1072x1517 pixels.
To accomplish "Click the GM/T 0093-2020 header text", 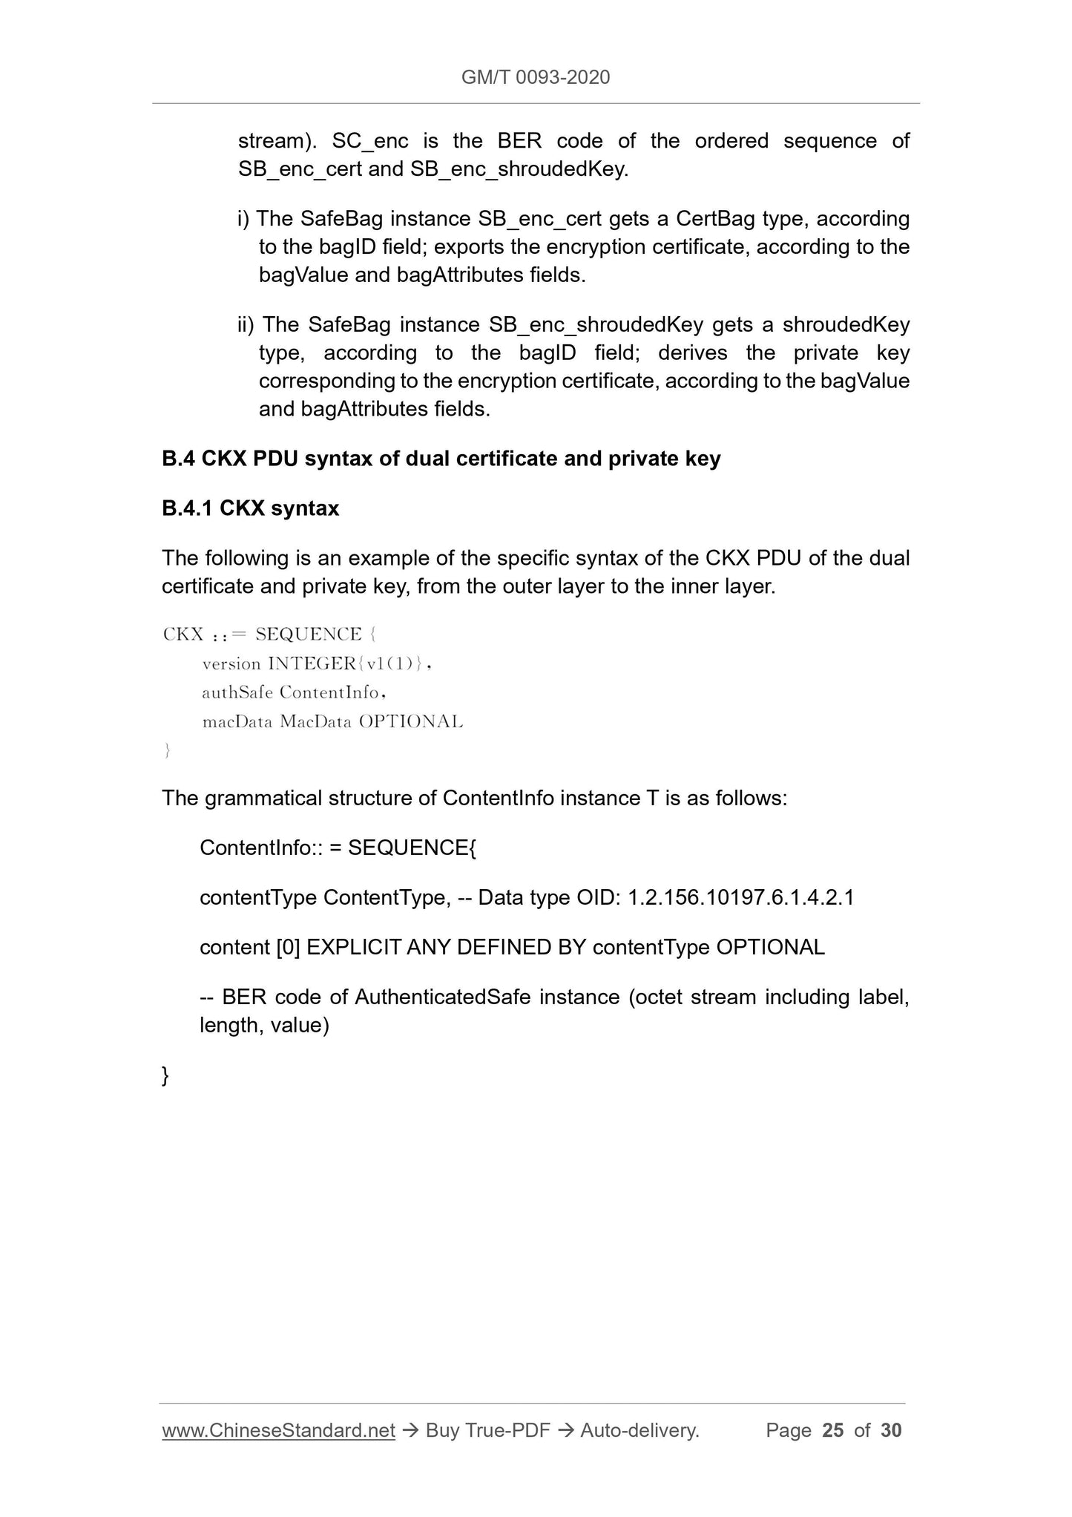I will coord(535,77).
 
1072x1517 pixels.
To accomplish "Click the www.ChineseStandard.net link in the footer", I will coord(278,1430).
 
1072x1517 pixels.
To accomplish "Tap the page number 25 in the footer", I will coord(833,1430).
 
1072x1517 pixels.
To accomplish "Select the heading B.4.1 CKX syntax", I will coord(250,508).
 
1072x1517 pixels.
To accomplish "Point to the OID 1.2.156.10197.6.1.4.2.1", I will coord(740,898).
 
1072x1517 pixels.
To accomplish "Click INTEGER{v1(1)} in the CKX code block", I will coord(349,664).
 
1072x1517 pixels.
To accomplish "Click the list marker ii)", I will coord(246,325).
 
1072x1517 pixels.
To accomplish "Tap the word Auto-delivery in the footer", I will coord(639,1430).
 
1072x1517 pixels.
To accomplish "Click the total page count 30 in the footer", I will coord(891,1430).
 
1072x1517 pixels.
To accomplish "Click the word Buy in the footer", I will coord(442,1430).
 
